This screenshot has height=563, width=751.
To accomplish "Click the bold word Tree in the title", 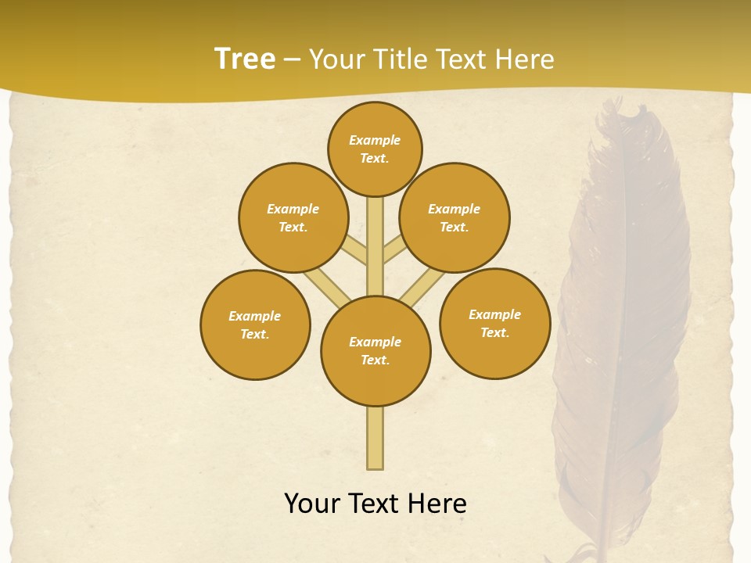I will point(245,59).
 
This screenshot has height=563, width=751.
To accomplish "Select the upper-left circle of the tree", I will point(293,217).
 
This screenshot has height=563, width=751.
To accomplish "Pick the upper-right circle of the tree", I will point(455,217).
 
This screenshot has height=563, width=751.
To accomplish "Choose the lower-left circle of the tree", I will point(255,325).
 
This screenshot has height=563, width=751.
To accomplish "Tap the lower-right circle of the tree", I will point(495,323).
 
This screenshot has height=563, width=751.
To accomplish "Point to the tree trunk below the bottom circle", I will point(375,438).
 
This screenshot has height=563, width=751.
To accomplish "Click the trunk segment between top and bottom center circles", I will point(375,246).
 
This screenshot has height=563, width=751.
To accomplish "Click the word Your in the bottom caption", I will point(312,504).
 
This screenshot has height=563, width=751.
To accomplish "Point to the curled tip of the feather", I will point(638,114).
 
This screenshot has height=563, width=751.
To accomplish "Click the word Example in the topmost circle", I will point(375,140).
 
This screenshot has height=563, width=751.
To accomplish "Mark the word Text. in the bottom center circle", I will point(375,360).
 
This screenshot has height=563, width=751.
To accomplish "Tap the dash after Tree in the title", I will point(292,59).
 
